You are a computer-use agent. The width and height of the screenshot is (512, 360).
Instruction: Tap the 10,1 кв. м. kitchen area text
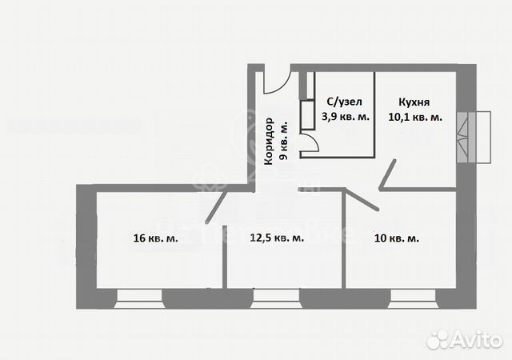coord(415,117)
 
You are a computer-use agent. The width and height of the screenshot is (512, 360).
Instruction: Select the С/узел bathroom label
coord(345,102)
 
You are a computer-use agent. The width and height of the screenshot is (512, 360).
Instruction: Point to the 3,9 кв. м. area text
coord(345,117)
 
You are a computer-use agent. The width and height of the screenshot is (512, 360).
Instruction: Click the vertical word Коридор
coord(269,142)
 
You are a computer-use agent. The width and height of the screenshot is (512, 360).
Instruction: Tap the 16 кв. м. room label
coord(155,238)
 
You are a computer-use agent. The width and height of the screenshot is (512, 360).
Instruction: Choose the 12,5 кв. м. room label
coord(277,238)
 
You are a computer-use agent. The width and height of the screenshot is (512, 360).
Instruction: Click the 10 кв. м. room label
coord(397,238)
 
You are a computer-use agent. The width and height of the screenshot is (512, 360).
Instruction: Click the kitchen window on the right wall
coord(471,136)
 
